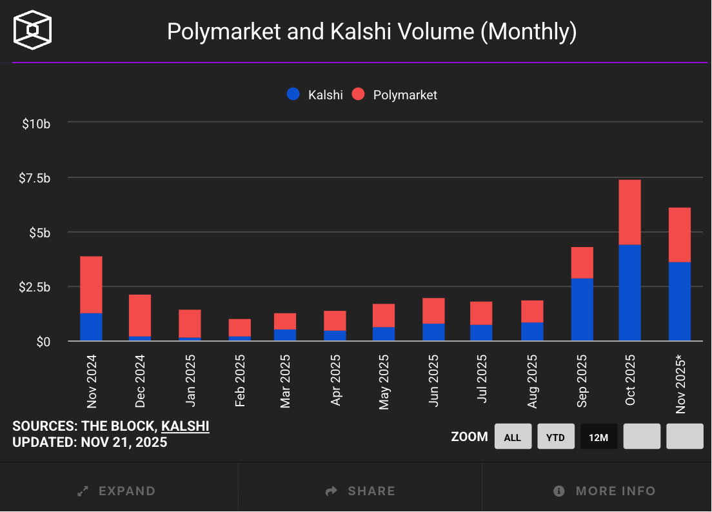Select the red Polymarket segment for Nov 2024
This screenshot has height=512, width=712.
(91, 284)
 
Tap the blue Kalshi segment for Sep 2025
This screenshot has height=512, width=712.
(582, 309)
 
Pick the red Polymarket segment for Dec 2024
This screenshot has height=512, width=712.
(140, 315)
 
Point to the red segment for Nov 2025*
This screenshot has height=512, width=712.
(680, 235)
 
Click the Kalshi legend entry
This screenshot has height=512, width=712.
(315, 95)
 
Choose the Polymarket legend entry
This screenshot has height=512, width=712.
(395, 95)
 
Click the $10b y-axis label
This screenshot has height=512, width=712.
(36, 123)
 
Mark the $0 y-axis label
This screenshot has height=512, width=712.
(43, 341)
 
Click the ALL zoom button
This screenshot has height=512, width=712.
(513, 437)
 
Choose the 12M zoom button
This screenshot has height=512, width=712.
(598, 437)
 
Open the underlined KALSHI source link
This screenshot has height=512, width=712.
(185, 426)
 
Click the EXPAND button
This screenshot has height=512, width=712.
(117, 491)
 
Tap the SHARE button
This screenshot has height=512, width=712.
(360, 491)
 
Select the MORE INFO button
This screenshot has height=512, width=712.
(604, 491)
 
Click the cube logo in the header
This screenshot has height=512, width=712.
(33, 30)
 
